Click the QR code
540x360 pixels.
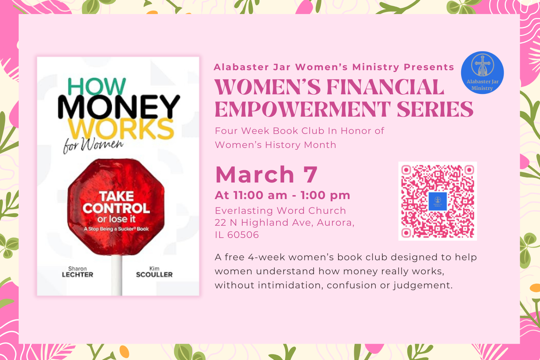coord(437,201)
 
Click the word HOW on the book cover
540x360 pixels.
coord(96,87)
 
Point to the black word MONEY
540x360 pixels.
coord(118,107)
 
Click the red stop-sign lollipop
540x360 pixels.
coord(116,207)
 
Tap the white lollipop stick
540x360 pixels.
coord(116,275)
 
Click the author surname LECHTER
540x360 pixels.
coord(77,275)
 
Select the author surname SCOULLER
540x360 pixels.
coord(154,275)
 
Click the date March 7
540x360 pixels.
coord(266,175)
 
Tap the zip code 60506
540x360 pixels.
coord(243,235)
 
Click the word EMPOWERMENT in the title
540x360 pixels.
coord(302,109)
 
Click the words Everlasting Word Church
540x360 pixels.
coord(280,211)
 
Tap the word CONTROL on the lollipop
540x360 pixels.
coord(116,208)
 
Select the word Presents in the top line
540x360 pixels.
coord(429,67)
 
